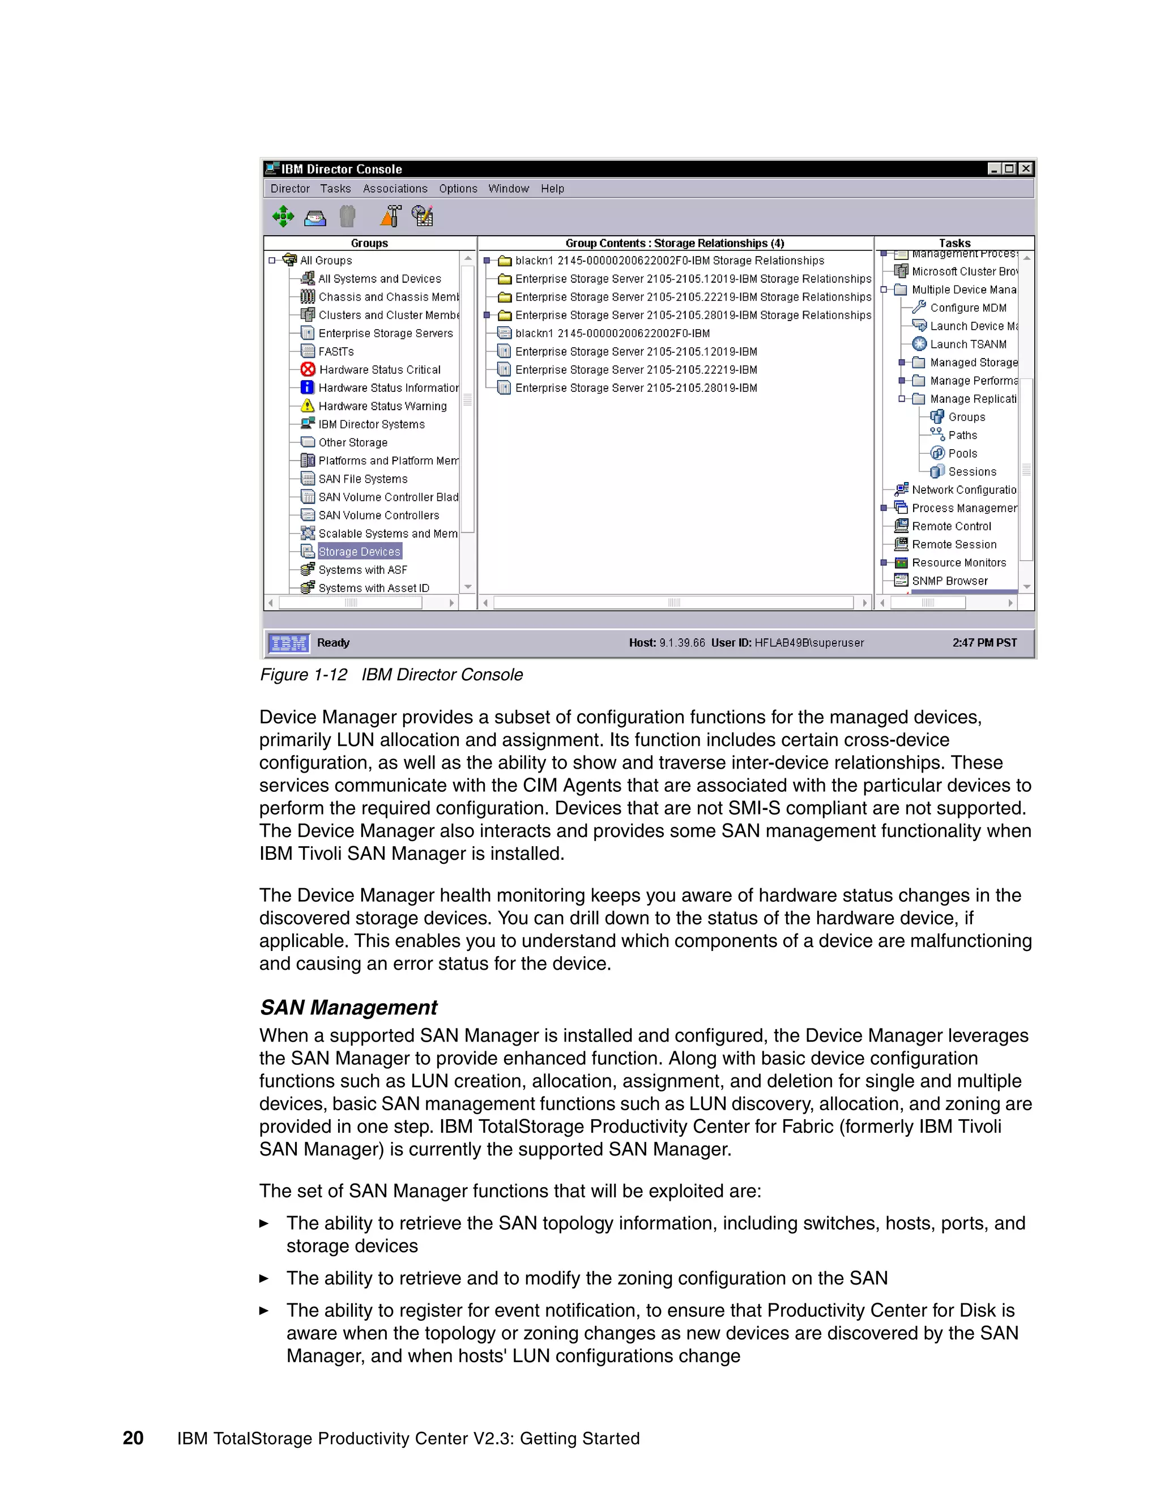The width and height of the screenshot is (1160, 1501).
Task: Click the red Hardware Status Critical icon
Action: tap(308, 369)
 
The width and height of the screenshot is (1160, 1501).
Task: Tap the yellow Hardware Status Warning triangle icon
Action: tap(308, 406)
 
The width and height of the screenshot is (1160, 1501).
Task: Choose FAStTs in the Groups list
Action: tap(336, 351)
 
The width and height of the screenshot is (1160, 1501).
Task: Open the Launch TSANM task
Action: tap(967, 344)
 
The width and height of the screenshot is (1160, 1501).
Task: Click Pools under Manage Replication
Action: tap(962, 454)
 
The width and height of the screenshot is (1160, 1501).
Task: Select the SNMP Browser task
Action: tap(949, 581)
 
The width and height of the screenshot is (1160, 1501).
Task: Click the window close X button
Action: tap(1025, 168)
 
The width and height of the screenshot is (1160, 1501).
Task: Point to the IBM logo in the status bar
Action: tap(289, 643)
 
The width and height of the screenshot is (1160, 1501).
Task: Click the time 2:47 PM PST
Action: tap(984, 643)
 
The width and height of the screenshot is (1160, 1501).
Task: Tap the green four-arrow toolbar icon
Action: tap(283, 216)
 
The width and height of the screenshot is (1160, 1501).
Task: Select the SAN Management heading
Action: tap(348, 1007)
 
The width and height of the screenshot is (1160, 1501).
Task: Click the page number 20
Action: tap(133, 1438)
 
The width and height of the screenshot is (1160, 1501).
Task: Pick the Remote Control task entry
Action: tap(951, 526)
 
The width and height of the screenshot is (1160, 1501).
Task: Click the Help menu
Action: tap(552, 188)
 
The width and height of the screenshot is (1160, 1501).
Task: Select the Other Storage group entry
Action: tap(352, 442)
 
